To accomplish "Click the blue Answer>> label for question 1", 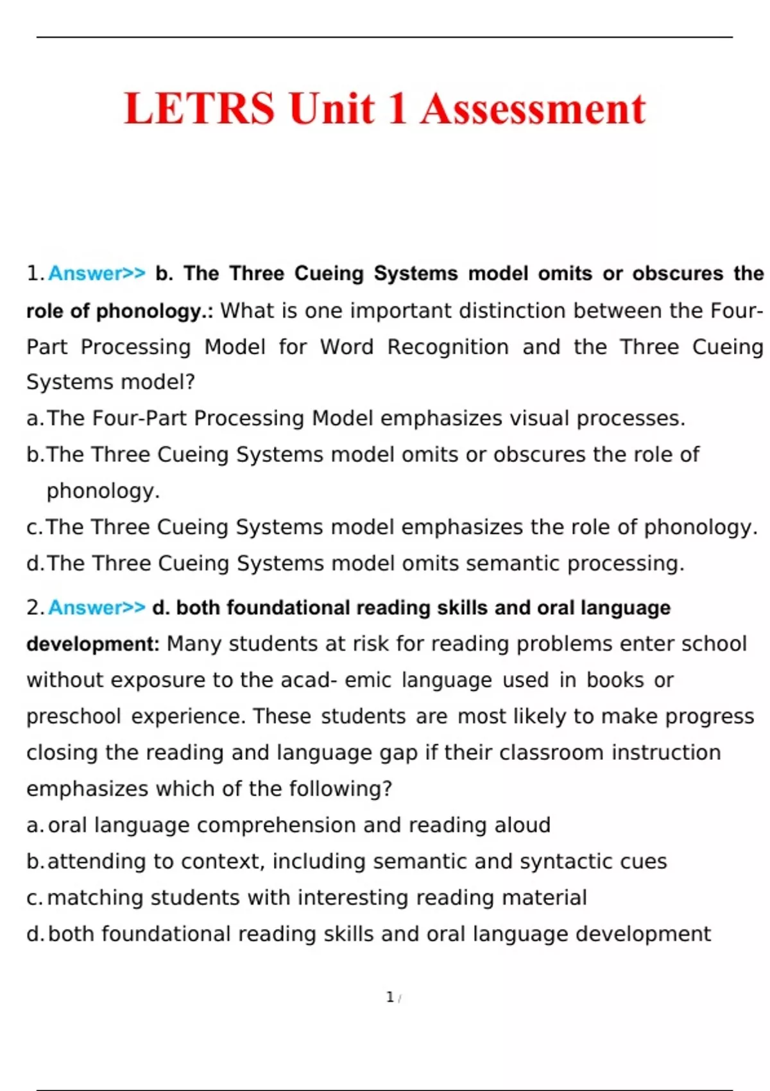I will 97,273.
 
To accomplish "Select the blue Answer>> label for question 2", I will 97,607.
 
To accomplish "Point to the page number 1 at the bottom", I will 390,997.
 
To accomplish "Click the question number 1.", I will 34,273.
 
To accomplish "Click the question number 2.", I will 34,607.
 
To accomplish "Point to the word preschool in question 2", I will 73,716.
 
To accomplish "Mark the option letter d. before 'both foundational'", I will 35,934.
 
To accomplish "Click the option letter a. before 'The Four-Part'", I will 35,418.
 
